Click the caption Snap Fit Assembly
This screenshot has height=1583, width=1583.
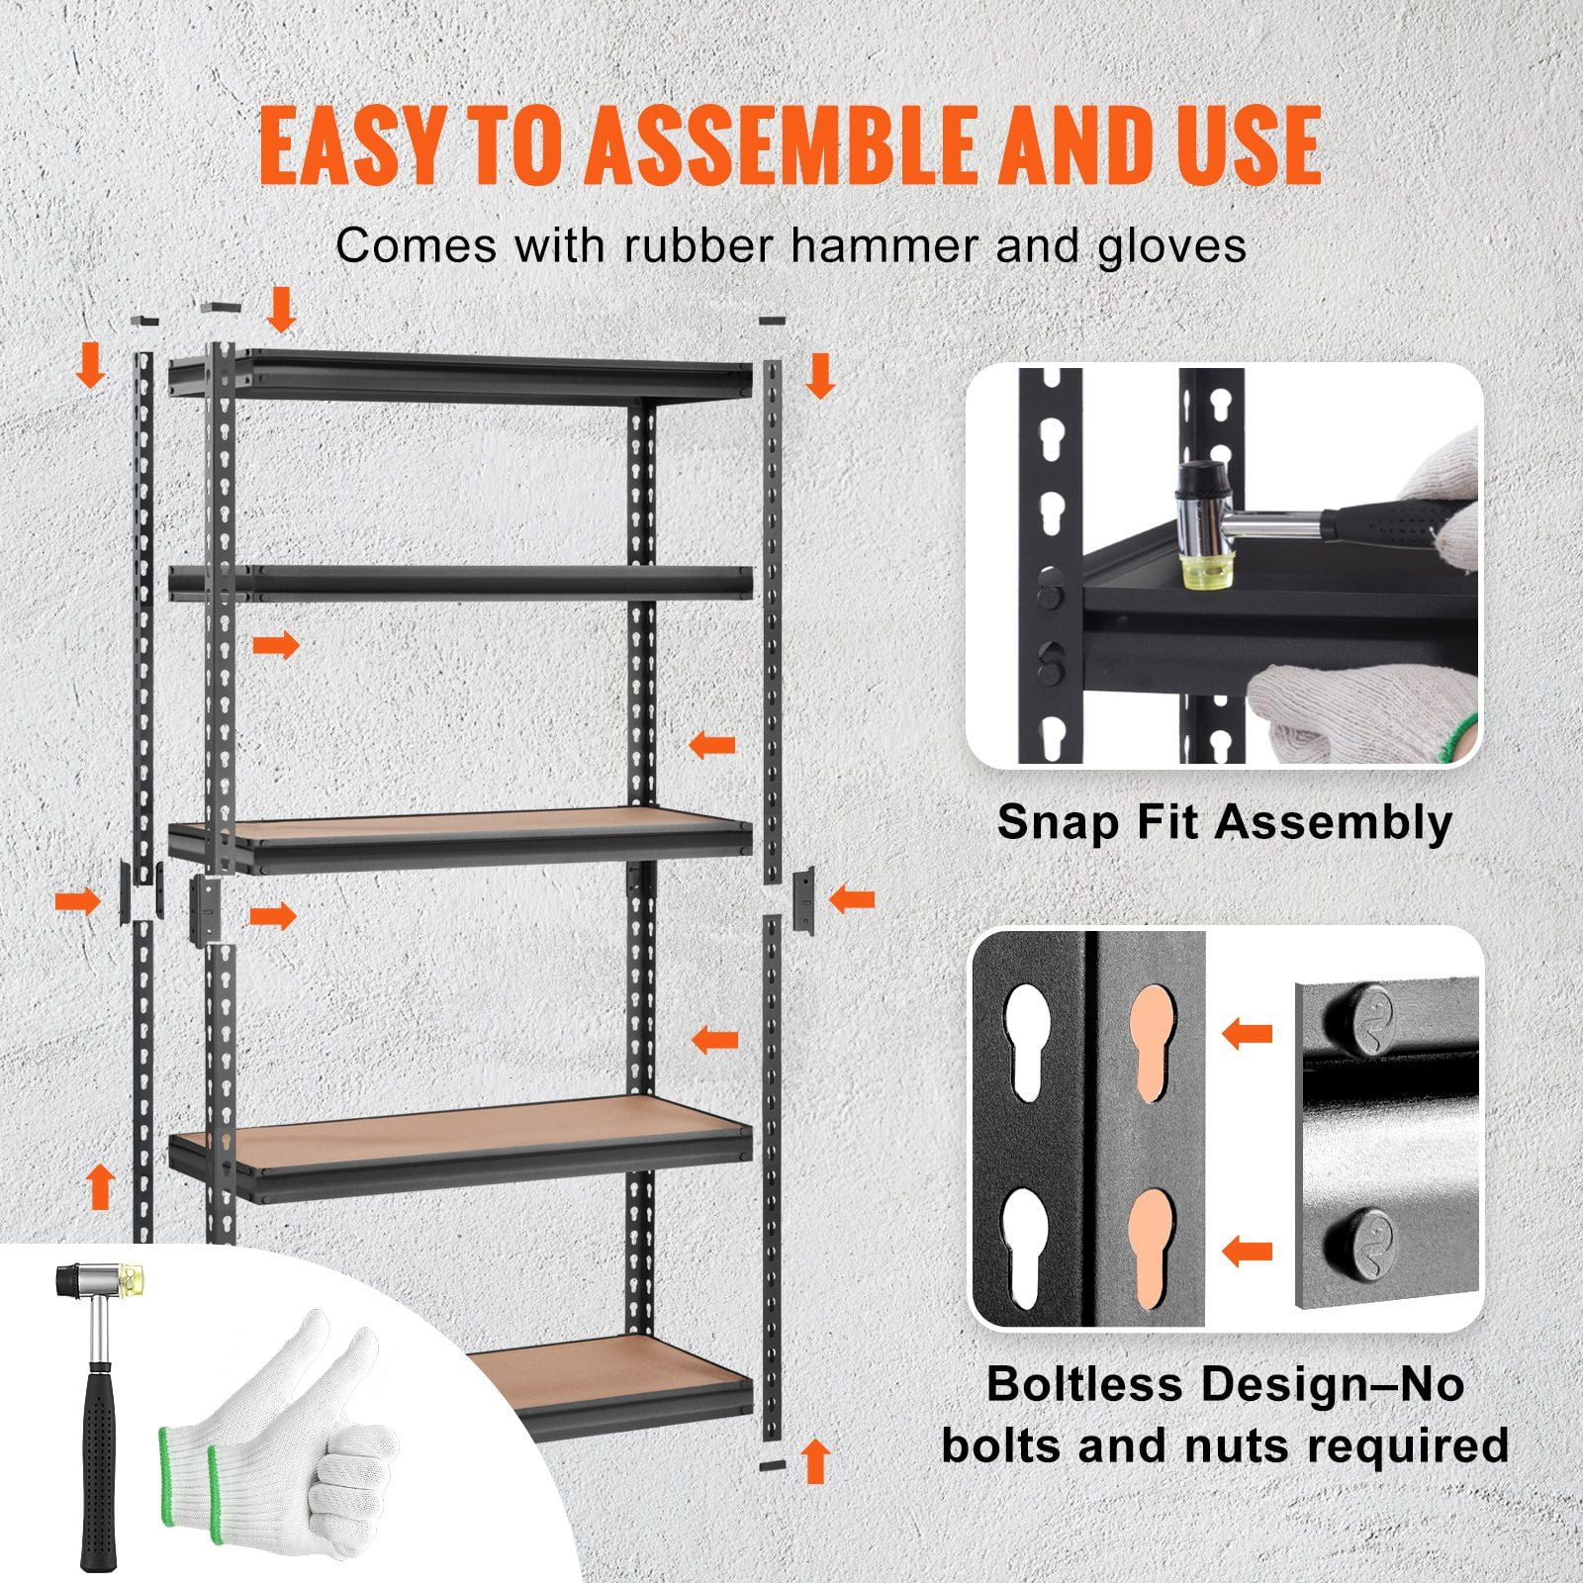click(x=1224, y=822)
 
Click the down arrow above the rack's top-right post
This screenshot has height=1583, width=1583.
click(x=819, y=377)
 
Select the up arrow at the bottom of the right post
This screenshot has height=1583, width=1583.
click(x=815, y=1460)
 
